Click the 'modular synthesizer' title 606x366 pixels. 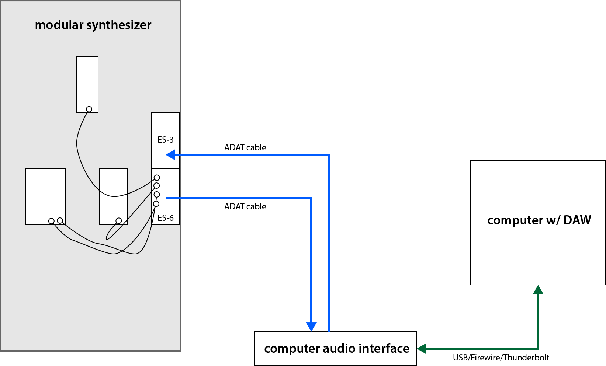[x=93, y=25]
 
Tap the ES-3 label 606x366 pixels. [x=166, y=140]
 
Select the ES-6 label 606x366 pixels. [x=166, y=218]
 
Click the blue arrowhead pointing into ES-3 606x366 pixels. [x=170, y=155]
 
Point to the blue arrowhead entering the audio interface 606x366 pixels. [x=311, y=327]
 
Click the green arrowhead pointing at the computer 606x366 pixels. [x=538, y=290]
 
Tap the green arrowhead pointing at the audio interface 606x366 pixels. [x=422, y=348]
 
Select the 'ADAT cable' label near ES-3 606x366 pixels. [x=245, y=147]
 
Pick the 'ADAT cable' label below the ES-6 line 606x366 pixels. [x=245, y=206]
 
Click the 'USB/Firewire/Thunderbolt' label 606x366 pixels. [x=501, y=358]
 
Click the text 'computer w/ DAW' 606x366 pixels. [x=539, y=220]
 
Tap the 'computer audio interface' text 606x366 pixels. [x=337, y=348]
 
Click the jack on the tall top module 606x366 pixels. [x=89, y=109]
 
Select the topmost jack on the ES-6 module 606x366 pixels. [x=157, y=178]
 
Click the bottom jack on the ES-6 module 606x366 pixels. [x=156, y=204]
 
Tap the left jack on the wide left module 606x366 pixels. [x=51, y=221]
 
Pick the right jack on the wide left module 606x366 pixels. [x=60, y=220]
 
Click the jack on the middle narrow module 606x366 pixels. [x=118, y=220]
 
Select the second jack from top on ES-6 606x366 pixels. [x=157, y=185]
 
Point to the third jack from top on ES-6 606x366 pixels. [x=157, y=194]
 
